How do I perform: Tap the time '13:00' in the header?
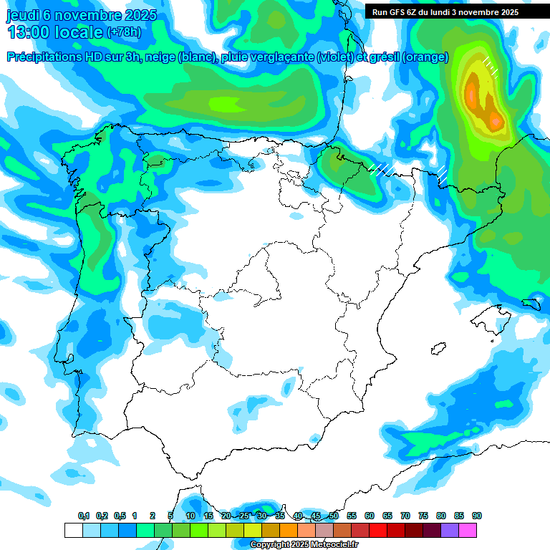pos(29,32)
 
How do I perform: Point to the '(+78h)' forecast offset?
pos(125,32)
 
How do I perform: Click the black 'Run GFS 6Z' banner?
pos(455,12)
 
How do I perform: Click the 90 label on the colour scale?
pos(476,516)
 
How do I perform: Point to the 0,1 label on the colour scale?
pos(83,516)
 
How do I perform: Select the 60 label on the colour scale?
pos(370,516)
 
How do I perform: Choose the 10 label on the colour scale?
pos(190,516)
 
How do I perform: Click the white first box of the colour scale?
pos(73,530)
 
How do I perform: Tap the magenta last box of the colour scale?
pos(468,530)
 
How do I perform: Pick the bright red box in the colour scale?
pos(378,530)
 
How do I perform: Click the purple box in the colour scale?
pos(450,530)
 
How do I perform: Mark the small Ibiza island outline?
pos(436,349)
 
